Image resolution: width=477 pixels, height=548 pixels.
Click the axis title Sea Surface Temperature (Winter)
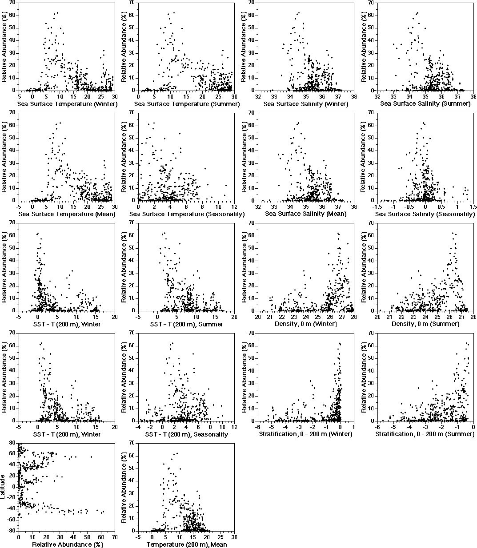(67, 104)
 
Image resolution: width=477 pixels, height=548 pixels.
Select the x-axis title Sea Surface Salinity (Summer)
(425, 104)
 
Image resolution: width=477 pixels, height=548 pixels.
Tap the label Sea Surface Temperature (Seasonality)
(187, 214)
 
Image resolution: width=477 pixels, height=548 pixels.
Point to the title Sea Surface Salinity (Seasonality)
(425, 214)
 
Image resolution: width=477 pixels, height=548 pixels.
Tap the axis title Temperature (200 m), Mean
(187, 544)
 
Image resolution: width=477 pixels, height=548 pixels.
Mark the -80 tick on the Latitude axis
(13, 531)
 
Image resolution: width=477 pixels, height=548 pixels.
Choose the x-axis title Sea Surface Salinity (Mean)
(306, 214)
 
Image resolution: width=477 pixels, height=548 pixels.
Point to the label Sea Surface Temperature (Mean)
(67, 214)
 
